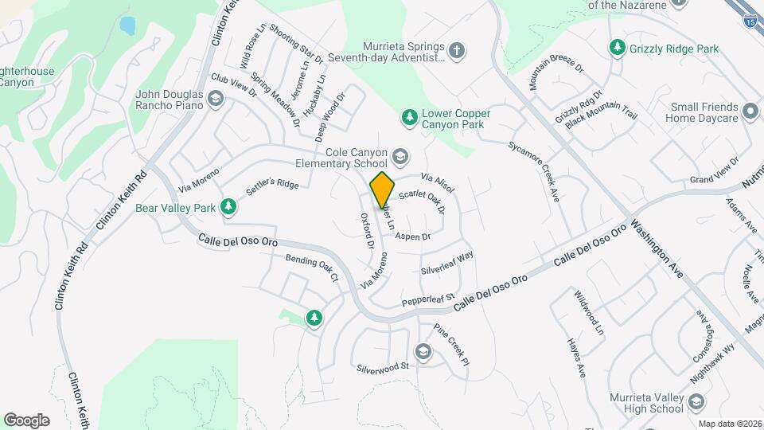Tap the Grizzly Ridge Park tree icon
pos(616,49)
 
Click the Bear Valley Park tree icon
pos(229,208)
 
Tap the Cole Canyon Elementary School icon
pos(400,156)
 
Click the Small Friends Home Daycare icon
pos(750,113)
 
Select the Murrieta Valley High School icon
pos(696,402)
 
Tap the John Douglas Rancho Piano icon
pos(214,99)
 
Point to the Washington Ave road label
pos(657,248)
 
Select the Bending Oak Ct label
pos(312,268)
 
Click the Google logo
pos(26,420)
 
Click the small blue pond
pos(127,25)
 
